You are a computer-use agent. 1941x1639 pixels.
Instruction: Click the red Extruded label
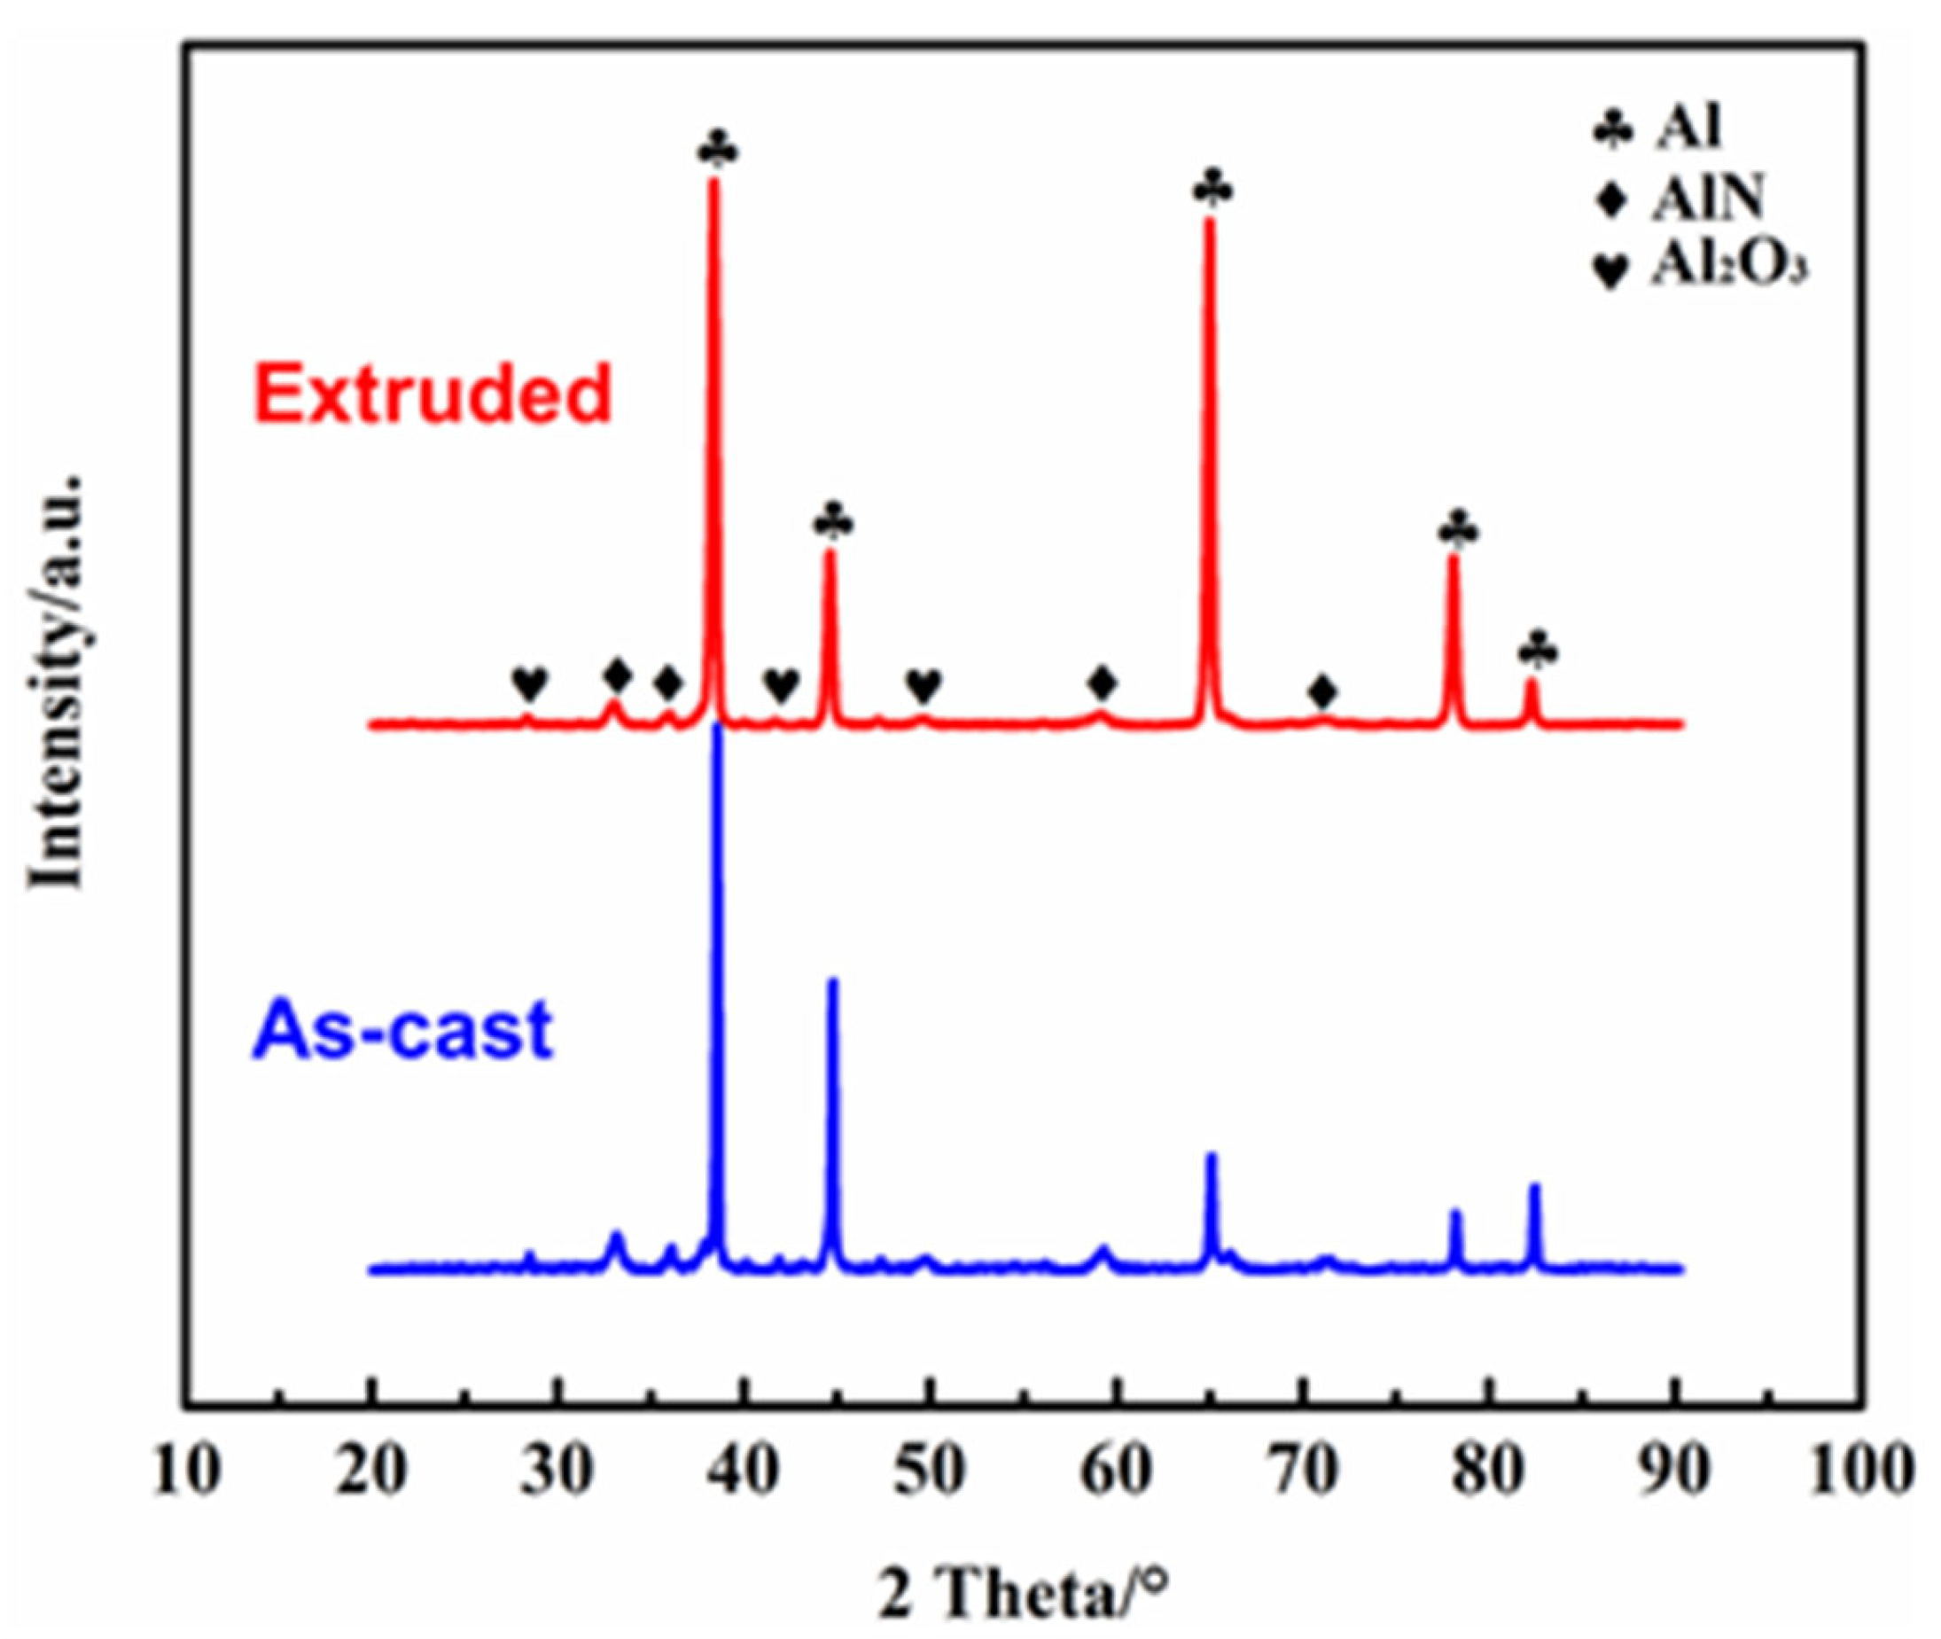click(434, 394)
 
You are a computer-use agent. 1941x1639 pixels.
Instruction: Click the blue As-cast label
click(402, 1029)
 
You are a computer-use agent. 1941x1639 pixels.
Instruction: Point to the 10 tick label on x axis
click(186, 1471)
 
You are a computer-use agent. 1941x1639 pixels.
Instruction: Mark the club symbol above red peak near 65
click(1213, 190)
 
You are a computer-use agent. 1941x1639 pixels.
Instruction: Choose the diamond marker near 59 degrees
click(1103, 683)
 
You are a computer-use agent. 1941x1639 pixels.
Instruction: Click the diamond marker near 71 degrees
click(1323, 691)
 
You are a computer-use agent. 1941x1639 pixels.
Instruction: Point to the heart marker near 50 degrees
click(924, 686)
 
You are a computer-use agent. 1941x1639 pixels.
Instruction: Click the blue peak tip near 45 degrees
click(832, 981)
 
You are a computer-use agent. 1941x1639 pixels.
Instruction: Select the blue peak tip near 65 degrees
click(1211, 1156)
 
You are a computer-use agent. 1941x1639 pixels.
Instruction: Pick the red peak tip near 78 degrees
click(1454, 559)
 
